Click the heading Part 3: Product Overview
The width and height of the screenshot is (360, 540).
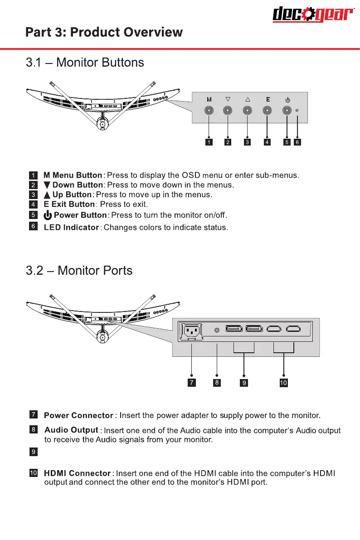[x=104, y=33]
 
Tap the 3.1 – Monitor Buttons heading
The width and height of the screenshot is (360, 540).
[x=85, y=63]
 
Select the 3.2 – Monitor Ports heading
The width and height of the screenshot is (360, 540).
[x=79, y=271]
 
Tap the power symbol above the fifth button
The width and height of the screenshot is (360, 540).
[x=287, y=99]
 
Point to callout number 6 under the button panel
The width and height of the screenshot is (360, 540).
[x=297, y=142]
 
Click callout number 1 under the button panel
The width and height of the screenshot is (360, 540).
[x=209, y=142]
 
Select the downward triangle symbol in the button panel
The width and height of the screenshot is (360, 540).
[x=228, y=99]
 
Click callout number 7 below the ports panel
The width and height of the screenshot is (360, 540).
[x=192, y=383]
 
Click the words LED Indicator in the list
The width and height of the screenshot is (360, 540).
[x=71, y=227]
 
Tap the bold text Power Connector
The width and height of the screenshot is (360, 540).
[x=78, y=415]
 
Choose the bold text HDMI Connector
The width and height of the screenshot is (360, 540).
[x=77, y=474]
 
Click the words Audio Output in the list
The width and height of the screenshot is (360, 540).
[x=71, y=430]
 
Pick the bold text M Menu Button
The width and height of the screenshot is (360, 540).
[x=73, y=175]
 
